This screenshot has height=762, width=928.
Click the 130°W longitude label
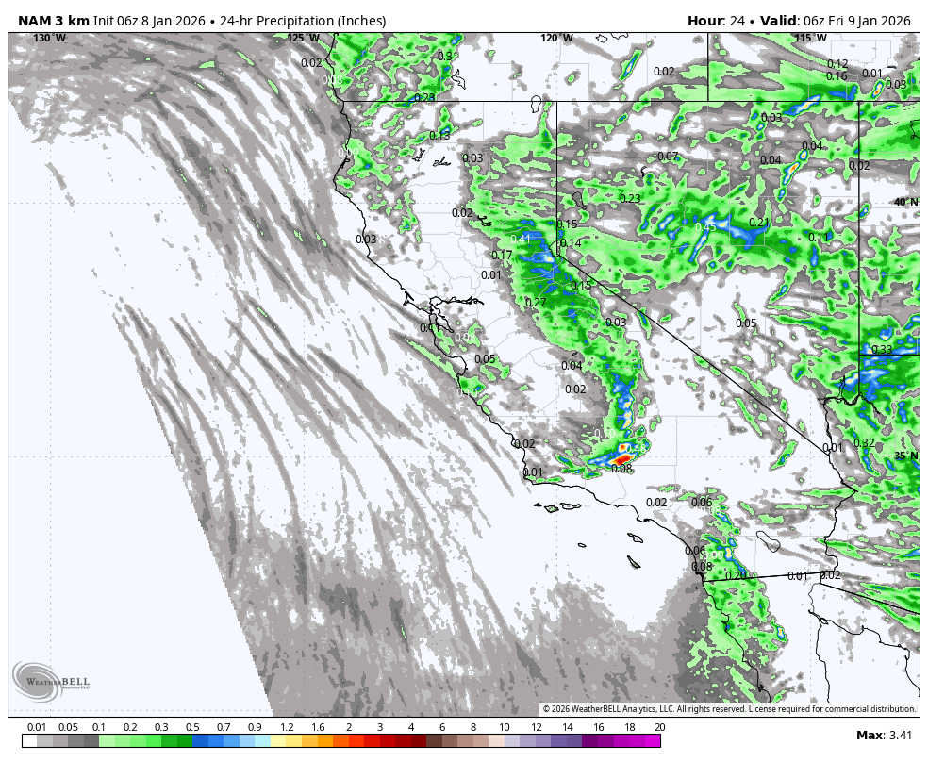(49, 38)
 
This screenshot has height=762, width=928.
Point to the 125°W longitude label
(303, 38)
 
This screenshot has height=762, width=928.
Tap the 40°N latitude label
(905, 202)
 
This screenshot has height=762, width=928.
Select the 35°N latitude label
(905, 456)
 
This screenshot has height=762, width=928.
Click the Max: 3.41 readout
(883, 735)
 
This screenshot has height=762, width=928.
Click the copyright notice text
(728, 709)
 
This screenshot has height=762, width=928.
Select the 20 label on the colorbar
(659, 727)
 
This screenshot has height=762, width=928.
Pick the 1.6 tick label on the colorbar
(318, 727)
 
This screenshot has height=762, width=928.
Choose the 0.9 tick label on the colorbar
(255, 727)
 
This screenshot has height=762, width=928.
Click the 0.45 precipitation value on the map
(705, 226)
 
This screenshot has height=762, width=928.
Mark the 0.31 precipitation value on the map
(448, 56)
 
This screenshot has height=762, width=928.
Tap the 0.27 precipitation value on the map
(536, 302)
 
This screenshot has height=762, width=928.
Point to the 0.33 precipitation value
(882, 349)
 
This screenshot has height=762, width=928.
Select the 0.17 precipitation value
(502, 255)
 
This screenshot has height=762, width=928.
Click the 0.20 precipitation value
(736, 575)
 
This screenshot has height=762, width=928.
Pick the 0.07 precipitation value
(668, 156)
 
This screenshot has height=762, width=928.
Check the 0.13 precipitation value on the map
(439, 135)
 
